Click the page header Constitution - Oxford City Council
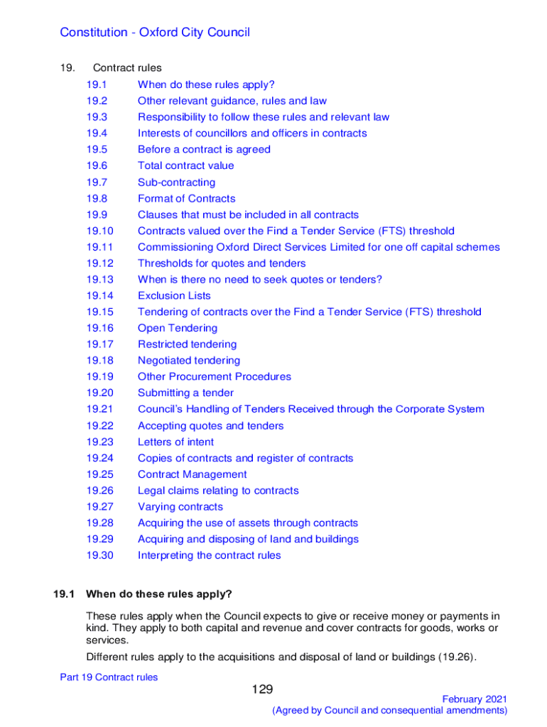click(155, 33)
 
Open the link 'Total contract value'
click(185, 165)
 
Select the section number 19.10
click(99, 231)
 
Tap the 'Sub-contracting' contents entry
click(176, 182)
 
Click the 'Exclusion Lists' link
click(174, 295)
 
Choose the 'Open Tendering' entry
click(178, 328)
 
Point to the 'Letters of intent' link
click(175, 442)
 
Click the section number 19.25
click(99, 474)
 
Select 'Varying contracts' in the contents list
click(180, 507)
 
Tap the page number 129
click(262, 689)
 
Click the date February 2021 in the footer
click(475, 699)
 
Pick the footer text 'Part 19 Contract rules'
click(109, 677)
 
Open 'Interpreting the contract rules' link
click(209, 555)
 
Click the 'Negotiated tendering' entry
click(189, 361)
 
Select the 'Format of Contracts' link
click(186, 199)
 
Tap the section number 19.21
click(99, 409)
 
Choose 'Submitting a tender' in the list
click(185, 393)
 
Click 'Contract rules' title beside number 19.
click(127, 68)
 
